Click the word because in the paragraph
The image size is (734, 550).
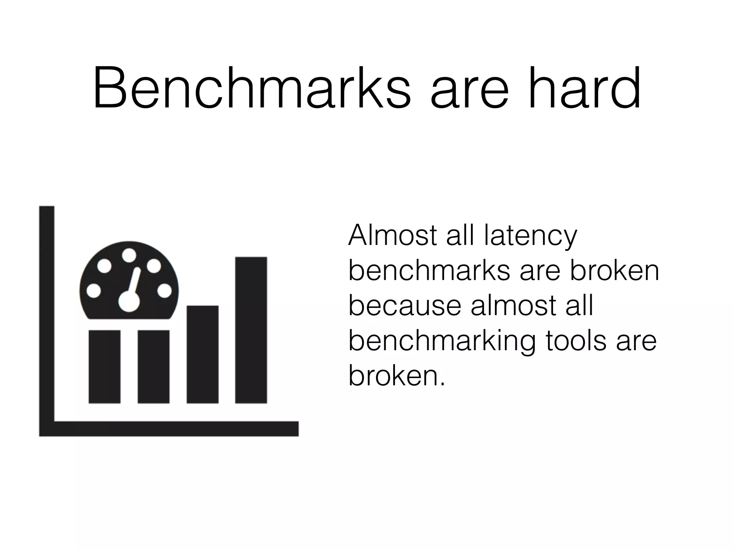(x=405, y=306)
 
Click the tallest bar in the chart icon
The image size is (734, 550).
(x=251, y=330)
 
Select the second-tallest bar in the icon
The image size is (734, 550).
(x=202, y=354)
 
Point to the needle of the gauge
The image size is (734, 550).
(x=135, y=281)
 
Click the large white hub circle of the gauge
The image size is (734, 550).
(x=129, y=301)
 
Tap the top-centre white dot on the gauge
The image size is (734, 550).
(x=129, y=255)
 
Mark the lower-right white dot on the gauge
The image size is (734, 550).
(x=165, y=291)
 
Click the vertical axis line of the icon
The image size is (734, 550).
(x=47, y=315)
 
